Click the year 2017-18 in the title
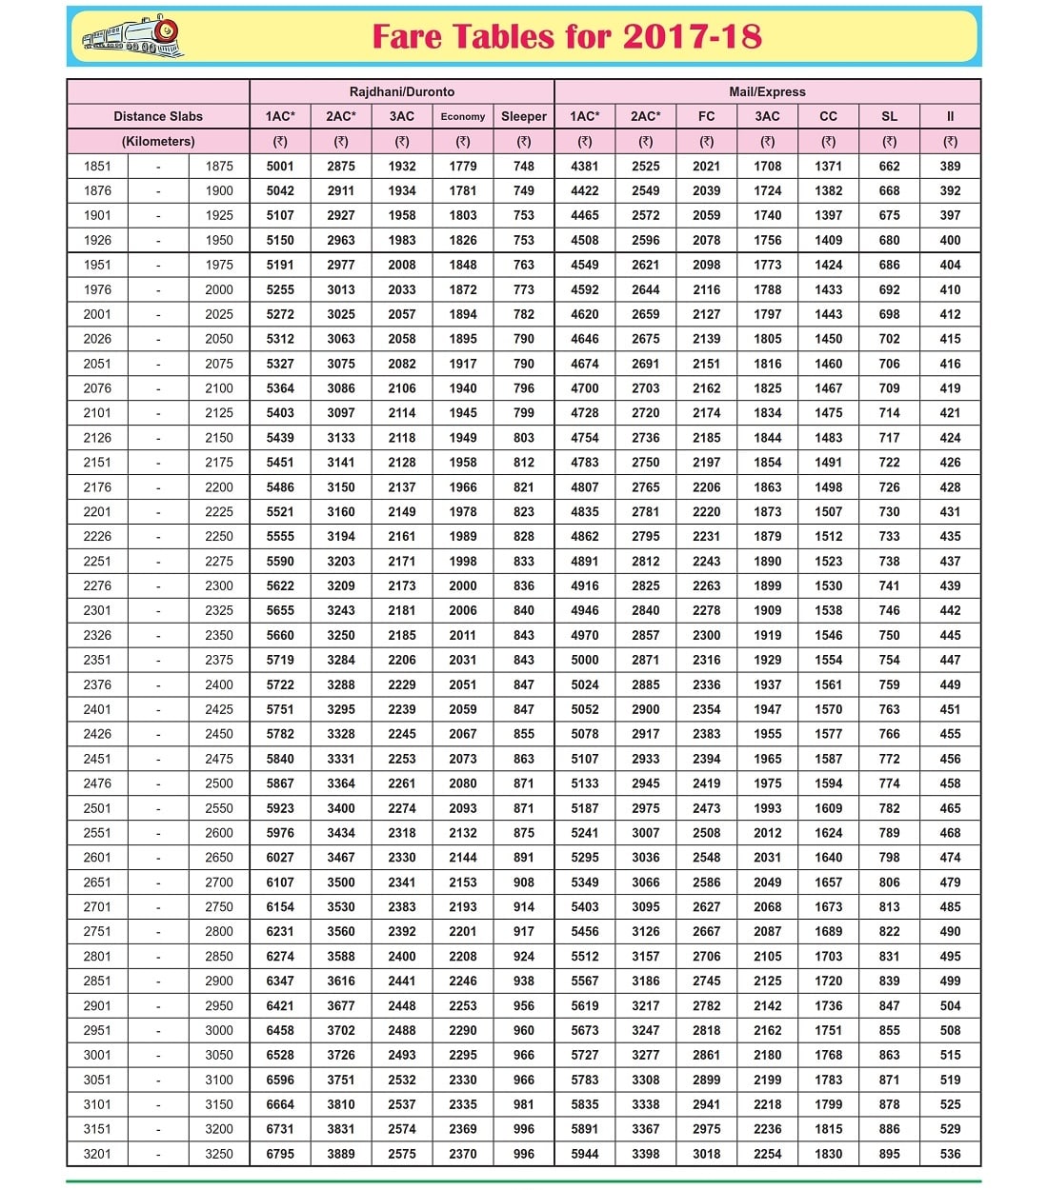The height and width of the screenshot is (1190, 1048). coord(693,37)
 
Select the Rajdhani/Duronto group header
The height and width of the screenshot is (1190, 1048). coord(401,91)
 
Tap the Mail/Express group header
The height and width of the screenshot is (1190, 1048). coord(767,91)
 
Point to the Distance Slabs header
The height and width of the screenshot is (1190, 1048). coord(158,116)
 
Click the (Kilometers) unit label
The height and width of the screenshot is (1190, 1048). coord(158,141)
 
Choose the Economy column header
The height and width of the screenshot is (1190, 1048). coord(463,116)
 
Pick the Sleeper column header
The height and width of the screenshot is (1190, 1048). coord(524,116)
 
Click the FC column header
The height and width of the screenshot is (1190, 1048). coord(706,116)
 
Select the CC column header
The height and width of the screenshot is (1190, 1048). coord(828,116)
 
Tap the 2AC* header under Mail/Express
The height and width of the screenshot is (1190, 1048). coord(645,116)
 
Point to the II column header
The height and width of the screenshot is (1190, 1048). coord(950,116)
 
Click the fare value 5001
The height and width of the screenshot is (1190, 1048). coord(280,166)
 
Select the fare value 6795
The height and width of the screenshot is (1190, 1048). coord(280,1154)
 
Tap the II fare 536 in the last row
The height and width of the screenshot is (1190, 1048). coord(950,1154)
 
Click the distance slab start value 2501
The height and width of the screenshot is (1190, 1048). coord(97,808)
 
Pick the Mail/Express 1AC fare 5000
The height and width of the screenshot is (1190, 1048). coord(585,660)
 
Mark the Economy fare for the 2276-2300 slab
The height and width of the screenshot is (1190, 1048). coord(463,585)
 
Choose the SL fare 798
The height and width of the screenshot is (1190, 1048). coord(889,857)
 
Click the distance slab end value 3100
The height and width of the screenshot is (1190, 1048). coord(219,1080)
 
